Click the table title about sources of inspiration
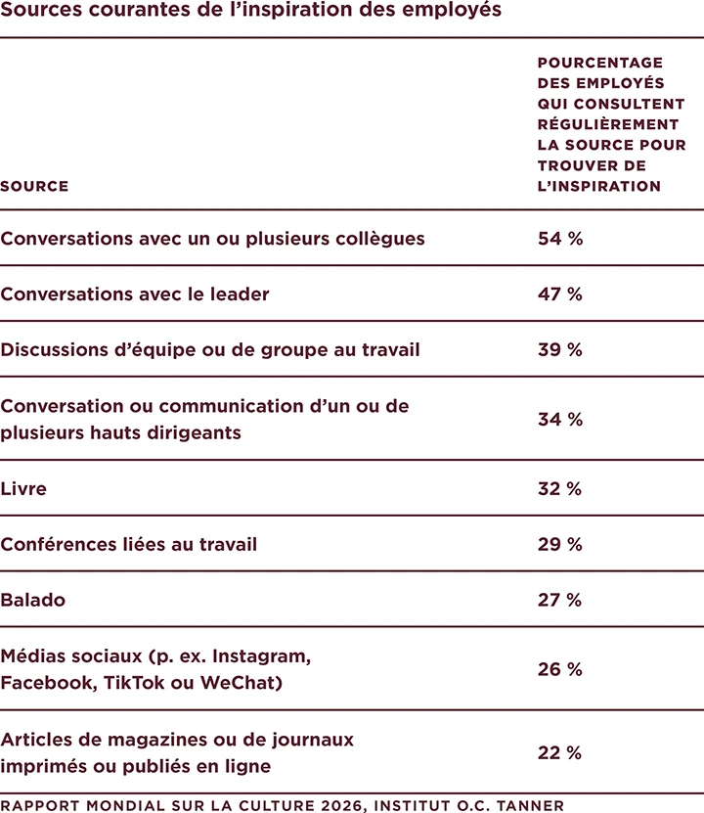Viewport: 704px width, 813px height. [251, 11]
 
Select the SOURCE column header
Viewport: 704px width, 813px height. [34, 186]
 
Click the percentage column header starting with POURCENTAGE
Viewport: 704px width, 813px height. [611, 124]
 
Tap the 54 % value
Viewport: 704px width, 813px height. [559, 239]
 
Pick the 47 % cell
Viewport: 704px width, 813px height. [559, 294]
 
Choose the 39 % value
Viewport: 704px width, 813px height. [559, 350]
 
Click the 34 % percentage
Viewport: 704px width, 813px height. [559, 420]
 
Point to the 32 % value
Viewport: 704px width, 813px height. [559, 489]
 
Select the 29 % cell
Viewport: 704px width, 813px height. [559, 545]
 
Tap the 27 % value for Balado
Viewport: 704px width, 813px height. [559, 601]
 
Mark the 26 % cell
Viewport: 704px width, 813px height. [559, 670]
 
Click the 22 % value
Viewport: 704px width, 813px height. [559, 753]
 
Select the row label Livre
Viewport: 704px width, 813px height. [23, 489]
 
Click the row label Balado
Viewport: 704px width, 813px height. [33, 601]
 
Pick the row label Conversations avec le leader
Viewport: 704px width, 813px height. [135, 294]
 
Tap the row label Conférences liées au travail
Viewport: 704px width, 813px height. [129, 545]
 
